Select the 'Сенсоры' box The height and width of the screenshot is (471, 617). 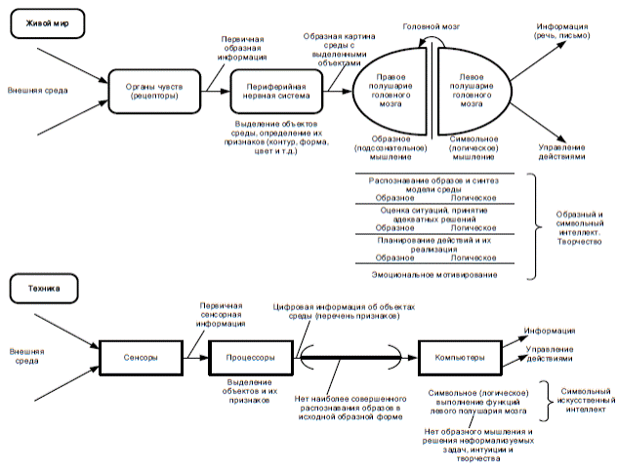141,358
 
